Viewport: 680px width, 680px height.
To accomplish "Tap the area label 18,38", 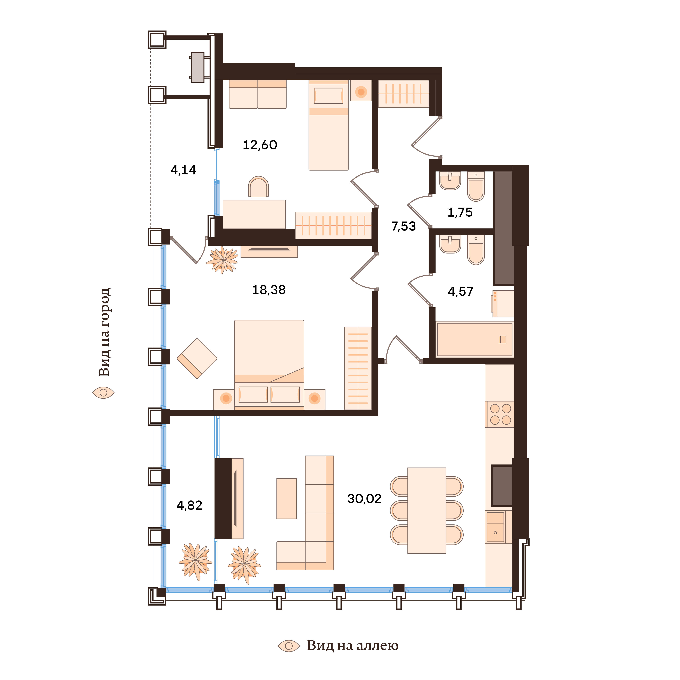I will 269,290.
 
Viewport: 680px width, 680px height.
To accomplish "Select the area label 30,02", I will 364,499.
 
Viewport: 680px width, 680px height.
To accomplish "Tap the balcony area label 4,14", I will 183,170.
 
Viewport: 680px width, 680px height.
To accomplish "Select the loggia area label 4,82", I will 189,505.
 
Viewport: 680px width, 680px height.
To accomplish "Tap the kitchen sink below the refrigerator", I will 495,527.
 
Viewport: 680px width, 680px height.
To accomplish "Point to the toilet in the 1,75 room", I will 476,186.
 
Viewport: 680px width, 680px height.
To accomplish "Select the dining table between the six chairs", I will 427,510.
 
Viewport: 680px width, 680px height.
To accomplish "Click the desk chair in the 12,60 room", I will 258,187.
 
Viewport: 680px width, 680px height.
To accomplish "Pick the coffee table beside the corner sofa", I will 286,498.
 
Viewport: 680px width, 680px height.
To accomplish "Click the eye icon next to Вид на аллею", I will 289,646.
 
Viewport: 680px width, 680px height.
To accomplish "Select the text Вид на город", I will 105,332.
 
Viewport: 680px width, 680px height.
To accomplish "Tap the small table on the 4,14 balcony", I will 197,67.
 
